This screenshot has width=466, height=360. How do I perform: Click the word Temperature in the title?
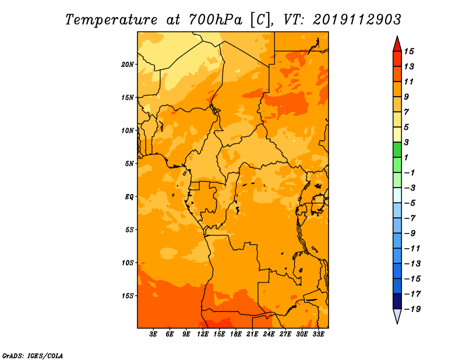coord(111,20)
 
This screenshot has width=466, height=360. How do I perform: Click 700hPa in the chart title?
coord(215,20)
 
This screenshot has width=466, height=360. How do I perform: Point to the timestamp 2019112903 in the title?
coord(357,20)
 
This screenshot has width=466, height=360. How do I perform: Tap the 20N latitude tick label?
coord(128,65)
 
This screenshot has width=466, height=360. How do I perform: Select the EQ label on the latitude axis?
coord(129,197)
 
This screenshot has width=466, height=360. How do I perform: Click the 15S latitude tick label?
coord(128,296)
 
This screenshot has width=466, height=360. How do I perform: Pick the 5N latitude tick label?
coord(129,164)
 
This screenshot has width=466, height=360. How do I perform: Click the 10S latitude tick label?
coord(128,263)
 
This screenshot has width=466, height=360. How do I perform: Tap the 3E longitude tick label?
coord(153,334)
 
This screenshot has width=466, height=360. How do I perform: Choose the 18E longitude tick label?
coord(236,334)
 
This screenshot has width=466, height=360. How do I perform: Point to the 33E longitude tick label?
coord(318,334)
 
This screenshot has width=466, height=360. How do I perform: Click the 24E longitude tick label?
coord(269,334)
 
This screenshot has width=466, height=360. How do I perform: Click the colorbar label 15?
coord(409,51)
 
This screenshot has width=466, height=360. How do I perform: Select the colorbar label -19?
coord(412,309)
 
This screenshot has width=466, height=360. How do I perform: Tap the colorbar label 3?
coord(406,142)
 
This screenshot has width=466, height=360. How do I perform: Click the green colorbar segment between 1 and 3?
coord(397,150)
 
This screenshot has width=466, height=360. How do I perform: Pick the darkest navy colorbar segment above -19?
coord(397,301)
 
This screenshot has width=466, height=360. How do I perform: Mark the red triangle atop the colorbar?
coord(397,44)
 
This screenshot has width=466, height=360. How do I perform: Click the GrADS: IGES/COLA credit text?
coord(33,356)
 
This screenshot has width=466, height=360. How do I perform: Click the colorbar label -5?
coord(410,203)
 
